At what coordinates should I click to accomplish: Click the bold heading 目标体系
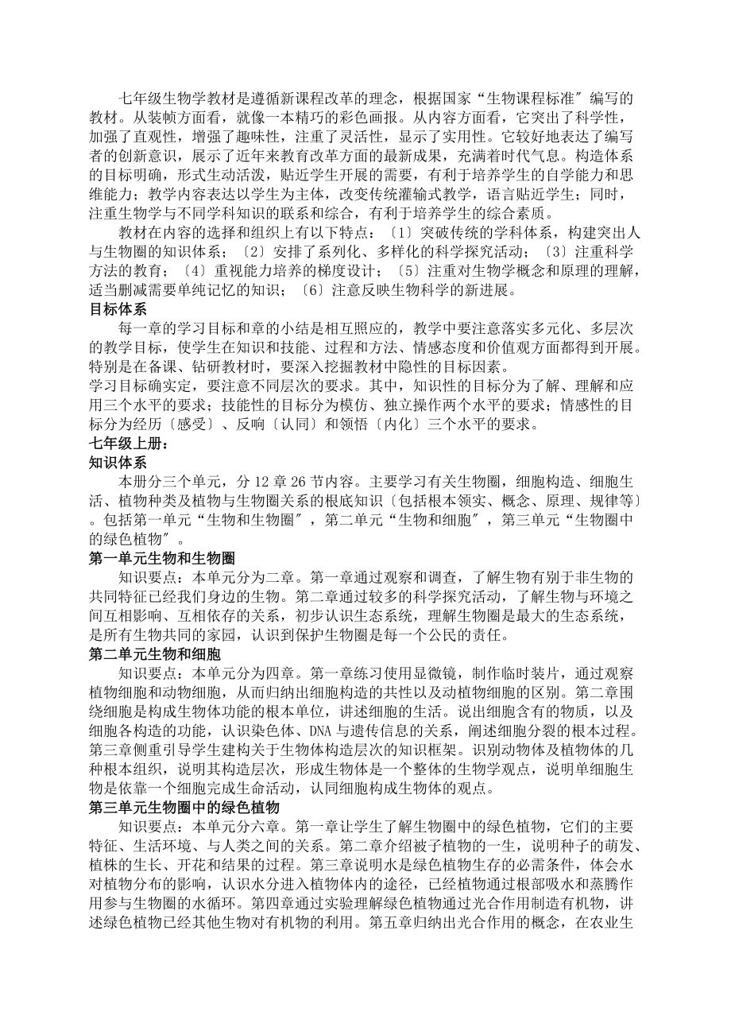[118, 310]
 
